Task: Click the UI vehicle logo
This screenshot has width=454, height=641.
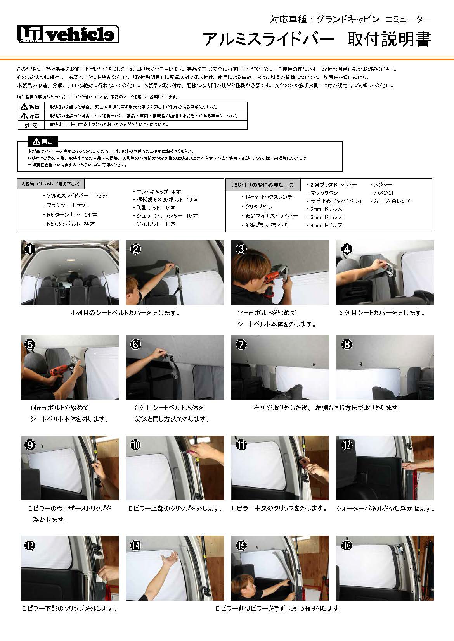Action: pos(68,34)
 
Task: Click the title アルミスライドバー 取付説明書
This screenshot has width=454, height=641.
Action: pos(317,40)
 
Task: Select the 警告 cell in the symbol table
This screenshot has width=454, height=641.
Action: pos(31,107)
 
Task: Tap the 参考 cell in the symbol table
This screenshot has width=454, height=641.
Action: pos(31,125)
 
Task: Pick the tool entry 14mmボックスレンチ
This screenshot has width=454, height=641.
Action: pos(269,197)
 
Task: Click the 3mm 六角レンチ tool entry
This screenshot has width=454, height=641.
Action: pos(392,201)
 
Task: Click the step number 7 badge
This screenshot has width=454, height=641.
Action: pos(241,344)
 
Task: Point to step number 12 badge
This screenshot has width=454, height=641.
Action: pos(347,445)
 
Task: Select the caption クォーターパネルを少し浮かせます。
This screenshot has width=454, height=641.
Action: pos(385,508)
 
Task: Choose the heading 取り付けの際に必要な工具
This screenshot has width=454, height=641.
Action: pos(263,185)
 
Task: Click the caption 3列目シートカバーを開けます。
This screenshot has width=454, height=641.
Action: pos(382,313)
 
